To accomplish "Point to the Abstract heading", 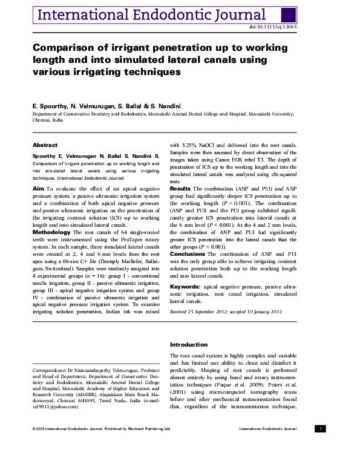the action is tap(45, 145).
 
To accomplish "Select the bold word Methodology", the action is tap(56, 232).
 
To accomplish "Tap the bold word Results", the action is tap(180, 189).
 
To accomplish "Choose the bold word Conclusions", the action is tap(188, 254).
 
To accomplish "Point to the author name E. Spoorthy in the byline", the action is tap(48, 105).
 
